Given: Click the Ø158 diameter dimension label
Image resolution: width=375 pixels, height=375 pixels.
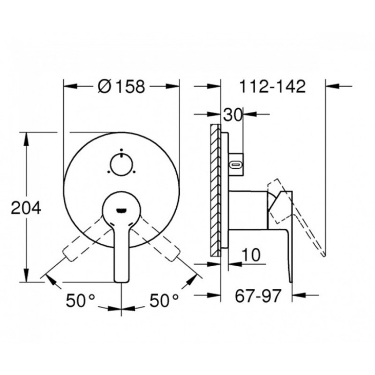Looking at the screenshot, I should pos(122,86).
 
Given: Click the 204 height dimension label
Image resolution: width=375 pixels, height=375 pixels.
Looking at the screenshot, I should pos(26,208).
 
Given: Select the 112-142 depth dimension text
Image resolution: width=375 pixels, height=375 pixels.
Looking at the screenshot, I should pos(273,86).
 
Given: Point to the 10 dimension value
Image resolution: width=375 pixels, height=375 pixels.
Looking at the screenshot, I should pos(250,255).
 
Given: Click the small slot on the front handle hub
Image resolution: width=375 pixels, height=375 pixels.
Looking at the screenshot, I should pos(122,209).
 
